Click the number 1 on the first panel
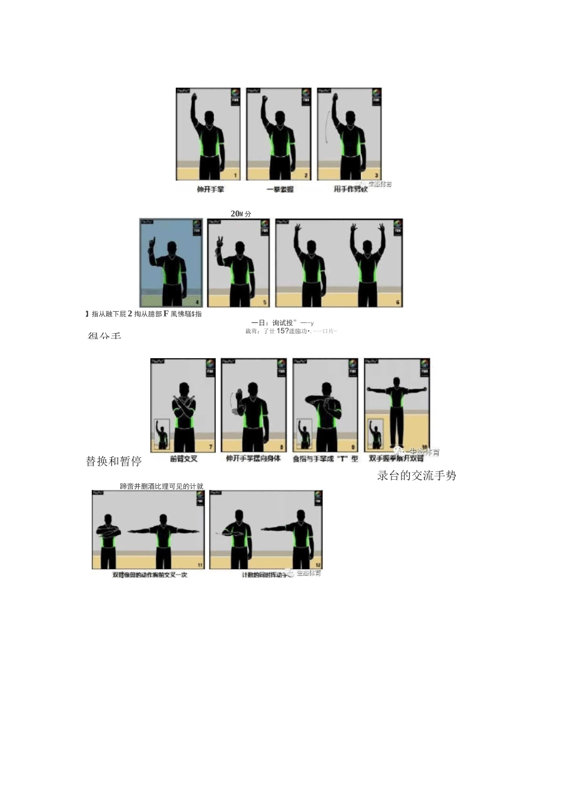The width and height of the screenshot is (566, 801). coord(235,175)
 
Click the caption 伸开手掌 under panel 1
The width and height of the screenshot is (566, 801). coord(210,190)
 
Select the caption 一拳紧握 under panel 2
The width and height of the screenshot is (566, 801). coord(279,190)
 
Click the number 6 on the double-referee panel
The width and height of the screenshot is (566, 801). coord(398,302)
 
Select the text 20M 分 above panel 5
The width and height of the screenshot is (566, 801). coord(241,213)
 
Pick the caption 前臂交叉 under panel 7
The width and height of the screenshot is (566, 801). coord(184,459)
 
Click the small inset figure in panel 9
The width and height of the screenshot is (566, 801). coord(304,433)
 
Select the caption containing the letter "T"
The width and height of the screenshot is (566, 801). coord(325,459)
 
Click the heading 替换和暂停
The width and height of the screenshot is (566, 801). coord(114,461)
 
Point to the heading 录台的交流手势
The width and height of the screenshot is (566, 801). coord(416,476)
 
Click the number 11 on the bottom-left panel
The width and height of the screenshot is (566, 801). coord(200,564)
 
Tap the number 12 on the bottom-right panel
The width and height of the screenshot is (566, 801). coord(318,564)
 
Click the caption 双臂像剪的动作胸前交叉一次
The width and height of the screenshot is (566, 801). coord(150,575)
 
